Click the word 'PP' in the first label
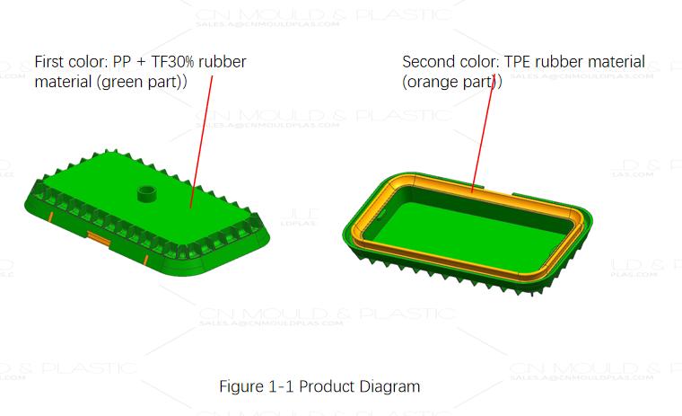pyautogui.click(x=122, y=62)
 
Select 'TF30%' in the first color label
pyautogui.click(x=171, y=62)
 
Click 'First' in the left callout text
pyautogui.click(x=50, y=62)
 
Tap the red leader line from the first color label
pyautogui.click(x=202, y=135)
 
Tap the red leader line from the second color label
pyautogui.click(x=483, y=135)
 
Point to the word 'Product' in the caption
pyautogui.click(x=328, y=387)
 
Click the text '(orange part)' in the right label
pyautogui.click(x=451, y=82)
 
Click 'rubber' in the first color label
pyautogui.click(x=222, y=62)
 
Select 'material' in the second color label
pyautogui.click(x=616, y=62)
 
